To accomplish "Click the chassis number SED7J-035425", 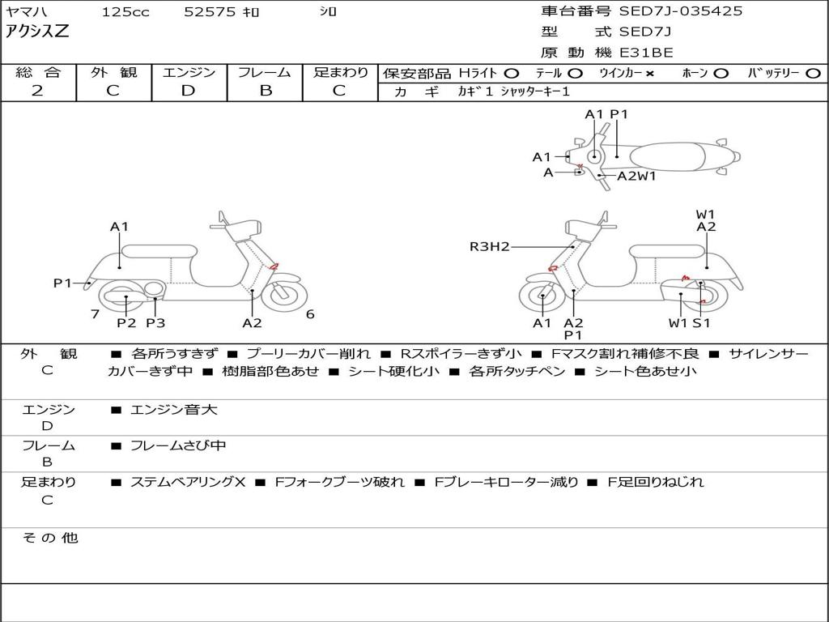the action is click(681, 11).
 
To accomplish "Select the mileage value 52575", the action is click(210, 12).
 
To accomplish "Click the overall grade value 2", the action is click(37, 91).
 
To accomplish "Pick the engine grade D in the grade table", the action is click(189, 91).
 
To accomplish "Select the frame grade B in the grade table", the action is click(265, 91).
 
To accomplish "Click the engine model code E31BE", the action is click(647, 53).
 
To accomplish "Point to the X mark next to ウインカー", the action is click(649, 74).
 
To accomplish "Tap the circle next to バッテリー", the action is click(813, 74).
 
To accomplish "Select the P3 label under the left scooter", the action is click(155, 323).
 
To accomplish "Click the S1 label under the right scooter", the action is click(701, 323).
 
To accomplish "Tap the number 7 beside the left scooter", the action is click(95, 314).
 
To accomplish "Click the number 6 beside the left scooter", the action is click(310, 314).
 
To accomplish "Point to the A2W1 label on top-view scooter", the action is click(636, 176).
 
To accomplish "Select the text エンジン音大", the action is click(174, 410).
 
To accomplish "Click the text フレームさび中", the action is click(178, 445).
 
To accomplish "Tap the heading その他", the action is click(49, 538).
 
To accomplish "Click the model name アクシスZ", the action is click(37, 32).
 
